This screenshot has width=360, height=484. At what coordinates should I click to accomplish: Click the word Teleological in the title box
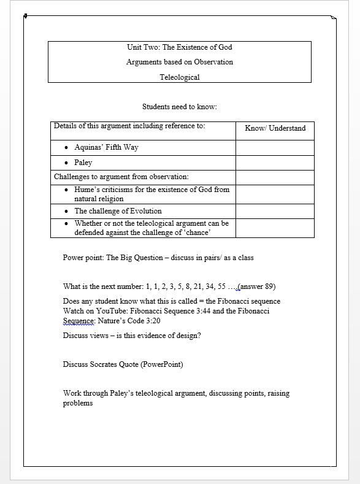[180, 77]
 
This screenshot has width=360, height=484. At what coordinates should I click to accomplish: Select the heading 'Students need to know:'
[180, 107]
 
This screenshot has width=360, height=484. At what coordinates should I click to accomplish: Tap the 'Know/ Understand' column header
[275, 128]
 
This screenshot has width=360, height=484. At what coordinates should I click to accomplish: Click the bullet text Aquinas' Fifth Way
[110, 148]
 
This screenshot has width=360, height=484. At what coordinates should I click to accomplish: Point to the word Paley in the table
[83, 163]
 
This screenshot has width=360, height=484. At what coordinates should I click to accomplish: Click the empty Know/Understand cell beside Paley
[275, 163]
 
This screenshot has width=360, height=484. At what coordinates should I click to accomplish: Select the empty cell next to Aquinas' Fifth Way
[275, 148]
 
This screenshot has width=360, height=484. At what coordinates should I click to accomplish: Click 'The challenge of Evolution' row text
[118, 211]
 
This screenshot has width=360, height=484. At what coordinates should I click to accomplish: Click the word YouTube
[110, 311]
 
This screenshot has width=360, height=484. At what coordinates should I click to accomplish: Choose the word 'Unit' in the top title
[134, 47]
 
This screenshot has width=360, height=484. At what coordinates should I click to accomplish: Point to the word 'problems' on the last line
[78, 404]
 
